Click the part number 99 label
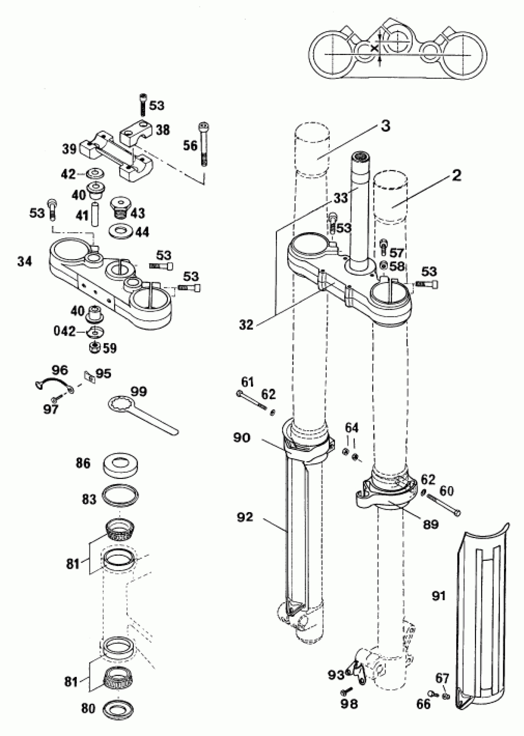[x=139, y=392]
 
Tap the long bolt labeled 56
[x=204, y=144]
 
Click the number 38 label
[x=163, y=130]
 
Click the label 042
[x=64, y=331]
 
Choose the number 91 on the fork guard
[x=439, y=596]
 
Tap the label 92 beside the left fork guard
[x=245, y=517]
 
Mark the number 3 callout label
[x=385, y=126]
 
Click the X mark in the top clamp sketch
[x=375, y=48]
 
